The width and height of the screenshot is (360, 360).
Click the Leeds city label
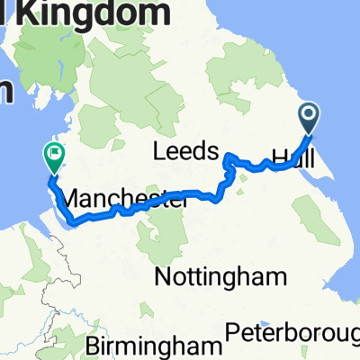[187, 149]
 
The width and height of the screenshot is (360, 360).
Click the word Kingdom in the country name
[98, 13]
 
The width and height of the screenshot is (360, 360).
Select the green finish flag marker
[54, 157]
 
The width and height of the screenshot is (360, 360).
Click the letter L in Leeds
[160, 149]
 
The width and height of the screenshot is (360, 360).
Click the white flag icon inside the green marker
[55, 155]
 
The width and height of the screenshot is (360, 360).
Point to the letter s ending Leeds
[212, 150]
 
